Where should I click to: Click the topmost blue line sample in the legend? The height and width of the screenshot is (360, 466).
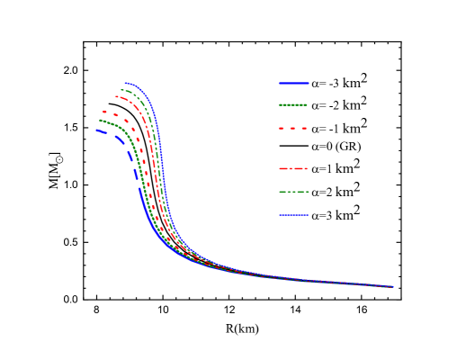point(293,83)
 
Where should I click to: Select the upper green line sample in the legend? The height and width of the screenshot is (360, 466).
point(293,104)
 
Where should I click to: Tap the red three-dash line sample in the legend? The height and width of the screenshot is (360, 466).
point(293,129)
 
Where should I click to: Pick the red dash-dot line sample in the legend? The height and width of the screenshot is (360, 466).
point(293,168)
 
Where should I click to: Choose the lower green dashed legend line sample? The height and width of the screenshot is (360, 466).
point(293,192)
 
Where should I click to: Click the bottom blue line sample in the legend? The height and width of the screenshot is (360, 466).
point(293,214)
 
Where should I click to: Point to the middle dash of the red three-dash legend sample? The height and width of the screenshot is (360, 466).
point(293,129)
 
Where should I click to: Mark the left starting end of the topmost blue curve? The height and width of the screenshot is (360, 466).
point(125,83)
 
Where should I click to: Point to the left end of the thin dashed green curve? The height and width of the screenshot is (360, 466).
point(121,90)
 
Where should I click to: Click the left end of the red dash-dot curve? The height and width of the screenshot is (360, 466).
point(115,97)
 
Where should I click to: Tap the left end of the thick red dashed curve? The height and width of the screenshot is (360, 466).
point(103,112)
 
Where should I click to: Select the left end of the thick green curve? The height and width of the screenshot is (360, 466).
point(100,121)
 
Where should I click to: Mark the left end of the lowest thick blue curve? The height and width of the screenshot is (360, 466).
point(97,130)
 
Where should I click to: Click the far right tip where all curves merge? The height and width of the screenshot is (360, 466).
point(393,287)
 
